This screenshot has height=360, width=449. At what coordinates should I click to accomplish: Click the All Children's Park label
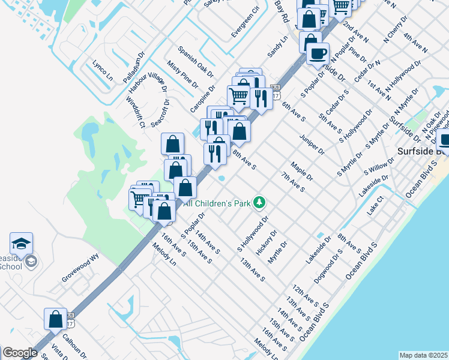coord(220,204)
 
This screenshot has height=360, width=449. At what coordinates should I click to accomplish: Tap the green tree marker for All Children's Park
coord(259,203)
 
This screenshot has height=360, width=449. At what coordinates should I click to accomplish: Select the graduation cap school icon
coord(21,244)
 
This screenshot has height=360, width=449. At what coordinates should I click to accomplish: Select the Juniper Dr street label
coord(313,143)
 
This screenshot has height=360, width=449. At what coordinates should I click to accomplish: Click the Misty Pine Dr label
coord(182,74)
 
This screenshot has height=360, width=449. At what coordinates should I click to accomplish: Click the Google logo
coord(20,353)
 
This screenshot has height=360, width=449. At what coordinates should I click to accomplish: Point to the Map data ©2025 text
coord(423,355)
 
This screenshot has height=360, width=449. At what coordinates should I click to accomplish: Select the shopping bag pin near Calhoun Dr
coord(55,319)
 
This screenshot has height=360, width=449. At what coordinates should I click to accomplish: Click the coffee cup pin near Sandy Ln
coord(318,53)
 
